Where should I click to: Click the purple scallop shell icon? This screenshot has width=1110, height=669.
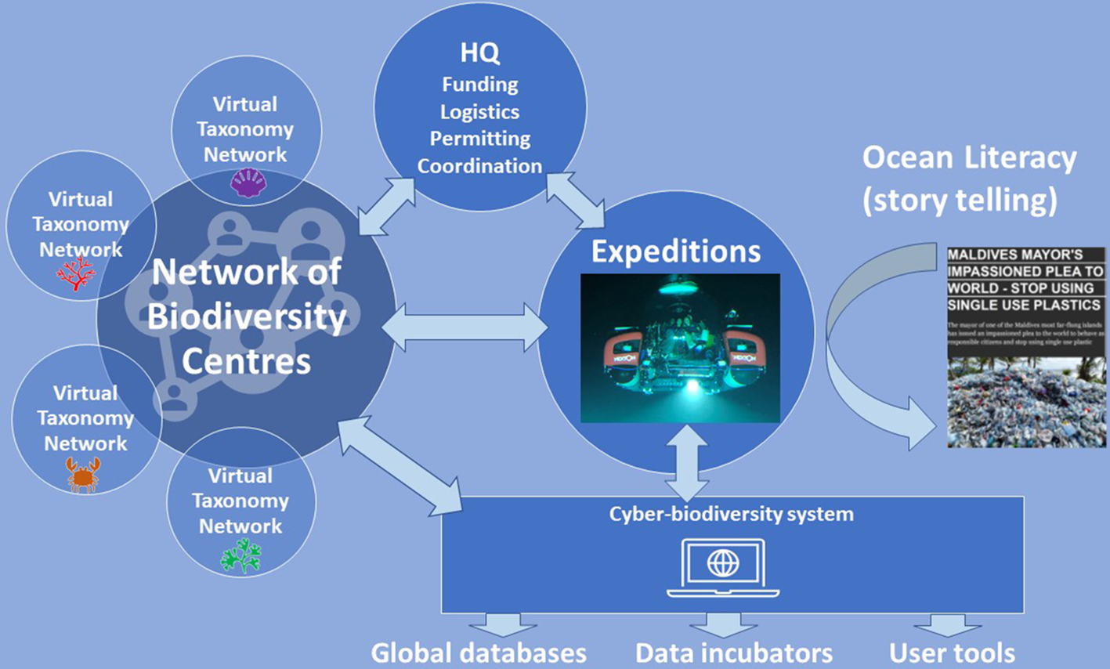248,184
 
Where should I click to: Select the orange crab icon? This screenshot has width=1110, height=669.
83,475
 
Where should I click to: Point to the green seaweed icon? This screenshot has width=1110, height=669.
240,555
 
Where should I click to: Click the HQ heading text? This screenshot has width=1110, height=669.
479,53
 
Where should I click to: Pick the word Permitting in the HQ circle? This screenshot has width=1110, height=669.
479,139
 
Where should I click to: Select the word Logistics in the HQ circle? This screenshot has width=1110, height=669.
479,111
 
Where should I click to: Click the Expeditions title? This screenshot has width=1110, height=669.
675,251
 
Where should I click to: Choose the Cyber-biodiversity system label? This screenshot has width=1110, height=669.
732,514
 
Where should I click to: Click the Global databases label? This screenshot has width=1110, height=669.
478,653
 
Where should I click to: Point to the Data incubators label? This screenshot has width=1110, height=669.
733,653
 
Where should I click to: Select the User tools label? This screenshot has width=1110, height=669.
952,653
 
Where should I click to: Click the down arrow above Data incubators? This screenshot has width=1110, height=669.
723,624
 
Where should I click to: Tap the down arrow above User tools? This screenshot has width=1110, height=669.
948,624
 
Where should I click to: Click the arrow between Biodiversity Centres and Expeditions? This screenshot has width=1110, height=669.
465,327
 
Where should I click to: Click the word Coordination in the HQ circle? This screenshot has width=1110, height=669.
479,166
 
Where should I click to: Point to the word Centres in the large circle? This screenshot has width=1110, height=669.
246,362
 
